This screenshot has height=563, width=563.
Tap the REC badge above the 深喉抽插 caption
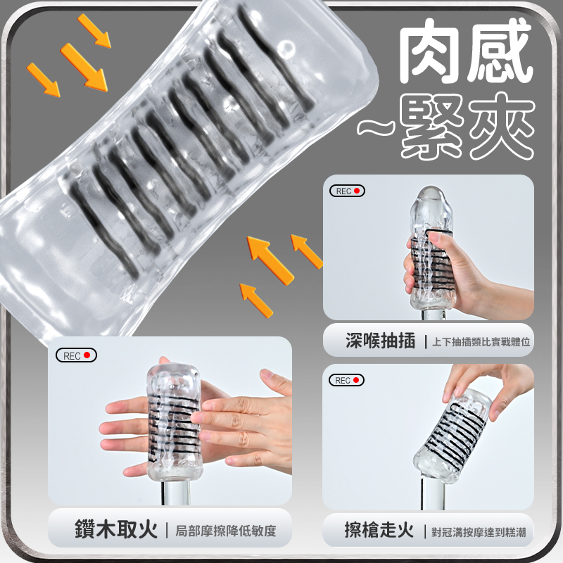[x=347, y=191]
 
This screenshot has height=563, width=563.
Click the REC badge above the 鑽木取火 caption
[x=76, y=355]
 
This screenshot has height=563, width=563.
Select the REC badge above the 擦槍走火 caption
[x=346, y=380]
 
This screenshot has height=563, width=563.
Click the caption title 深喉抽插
[x=380, y=341]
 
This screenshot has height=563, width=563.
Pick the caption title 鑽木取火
[x=116, y=529]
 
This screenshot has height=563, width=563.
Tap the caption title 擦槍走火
[x=379, y=530]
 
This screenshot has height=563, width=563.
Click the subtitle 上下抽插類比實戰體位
[x=481, y=342]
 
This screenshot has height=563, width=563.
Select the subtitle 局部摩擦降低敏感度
[x=225, y=531]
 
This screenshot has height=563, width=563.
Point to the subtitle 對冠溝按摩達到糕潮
[x=479, y=532]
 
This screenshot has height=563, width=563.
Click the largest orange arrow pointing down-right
[x=84, y=68]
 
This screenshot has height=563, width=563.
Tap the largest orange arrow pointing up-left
[x=270, y=260]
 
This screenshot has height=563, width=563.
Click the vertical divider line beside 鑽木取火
[x=167, y=531]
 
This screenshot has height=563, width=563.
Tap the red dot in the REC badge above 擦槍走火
[x=356, y=380]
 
